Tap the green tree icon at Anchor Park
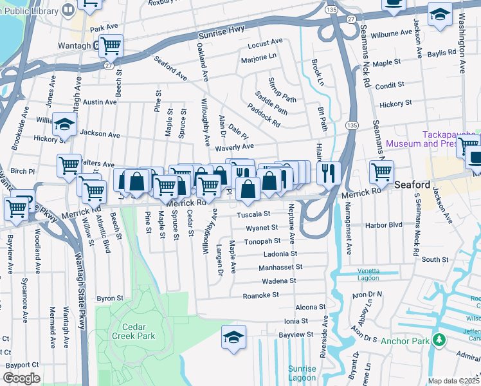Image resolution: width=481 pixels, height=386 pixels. (x=439, y=340)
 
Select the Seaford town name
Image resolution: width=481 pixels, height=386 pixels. (x=412, y=183)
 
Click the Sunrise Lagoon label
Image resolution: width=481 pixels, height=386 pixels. (x=302, y=373)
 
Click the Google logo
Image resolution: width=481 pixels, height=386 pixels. (x=21, y=378)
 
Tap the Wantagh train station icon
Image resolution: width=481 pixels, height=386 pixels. (x=95, y=45)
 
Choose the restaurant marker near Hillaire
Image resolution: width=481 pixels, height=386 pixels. (x=329, y=172)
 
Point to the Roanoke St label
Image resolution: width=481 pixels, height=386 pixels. (x=260, y=295)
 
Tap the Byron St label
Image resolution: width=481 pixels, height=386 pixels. (x=110, y=299)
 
